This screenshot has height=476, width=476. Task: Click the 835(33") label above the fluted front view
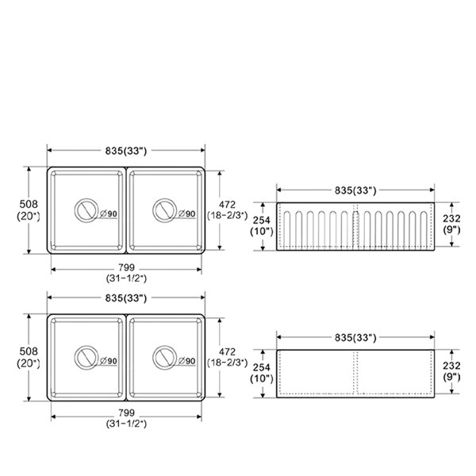tap(355, 190)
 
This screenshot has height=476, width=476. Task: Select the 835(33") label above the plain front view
tap(355, 337)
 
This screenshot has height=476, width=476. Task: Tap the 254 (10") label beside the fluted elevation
tap(262, 225)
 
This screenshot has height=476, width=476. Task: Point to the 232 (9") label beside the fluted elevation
tap(451, 224)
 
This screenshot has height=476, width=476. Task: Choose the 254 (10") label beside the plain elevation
tap(262, 373)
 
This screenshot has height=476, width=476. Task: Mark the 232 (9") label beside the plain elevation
tap(451, 371)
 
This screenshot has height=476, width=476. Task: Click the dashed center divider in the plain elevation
tap(355, 373)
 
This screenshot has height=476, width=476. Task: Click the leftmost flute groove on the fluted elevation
tap(287, 229)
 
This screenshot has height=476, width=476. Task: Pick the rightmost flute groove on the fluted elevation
tap(424, 229)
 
